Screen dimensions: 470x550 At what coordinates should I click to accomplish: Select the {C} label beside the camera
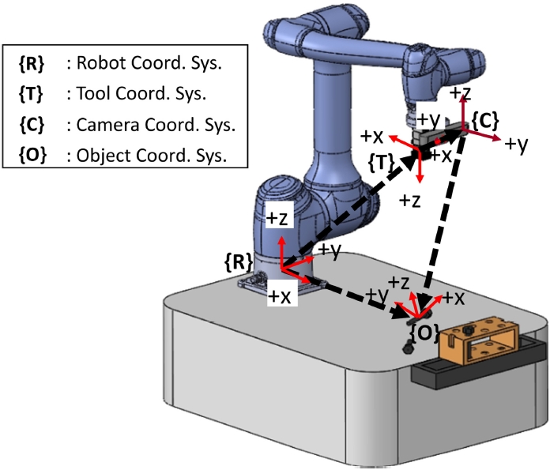[485, 121]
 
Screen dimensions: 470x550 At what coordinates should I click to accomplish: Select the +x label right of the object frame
[453, 298]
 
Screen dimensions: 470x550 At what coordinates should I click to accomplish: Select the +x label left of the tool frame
[374, 135]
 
